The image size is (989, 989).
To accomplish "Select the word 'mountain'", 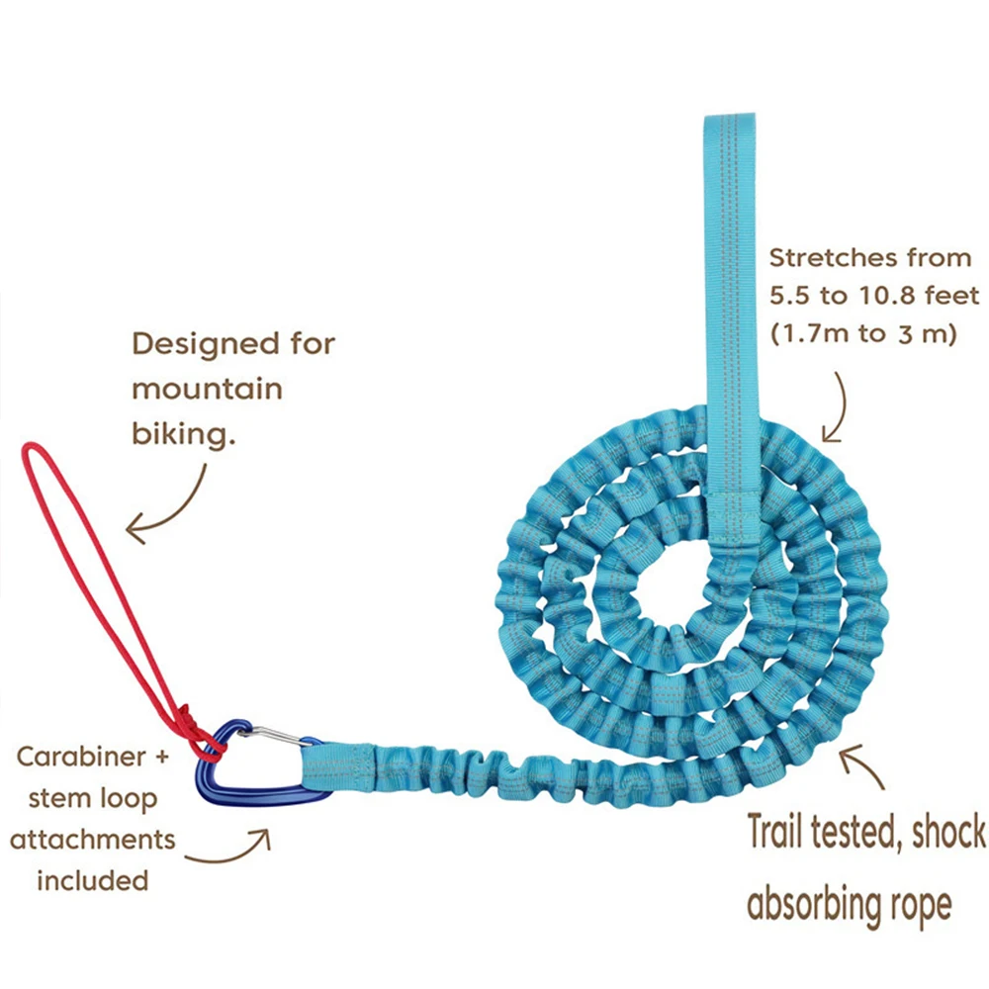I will click(207, 389).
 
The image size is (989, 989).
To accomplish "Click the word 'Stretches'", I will click(830, 259).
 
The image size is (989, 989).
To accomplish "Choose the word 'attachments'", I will click(92, 841).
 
